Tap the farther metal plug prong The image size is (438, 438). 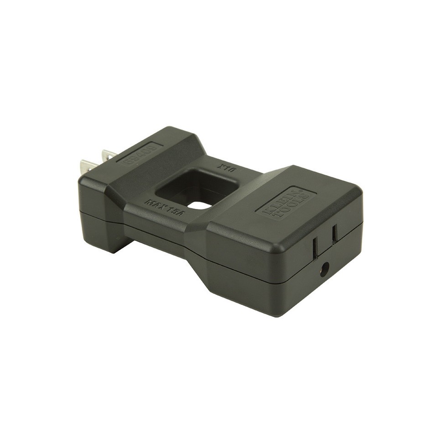click(x=109, y=155)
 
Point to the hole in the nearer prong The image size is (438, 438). click(x=86, y=167)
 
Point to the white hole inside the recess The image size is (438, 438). click(x=199, y=205)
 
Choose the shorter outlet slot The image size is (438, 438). click(x=334, y=233)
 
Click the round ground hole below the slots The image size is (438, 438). click(x=324, y=270)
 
